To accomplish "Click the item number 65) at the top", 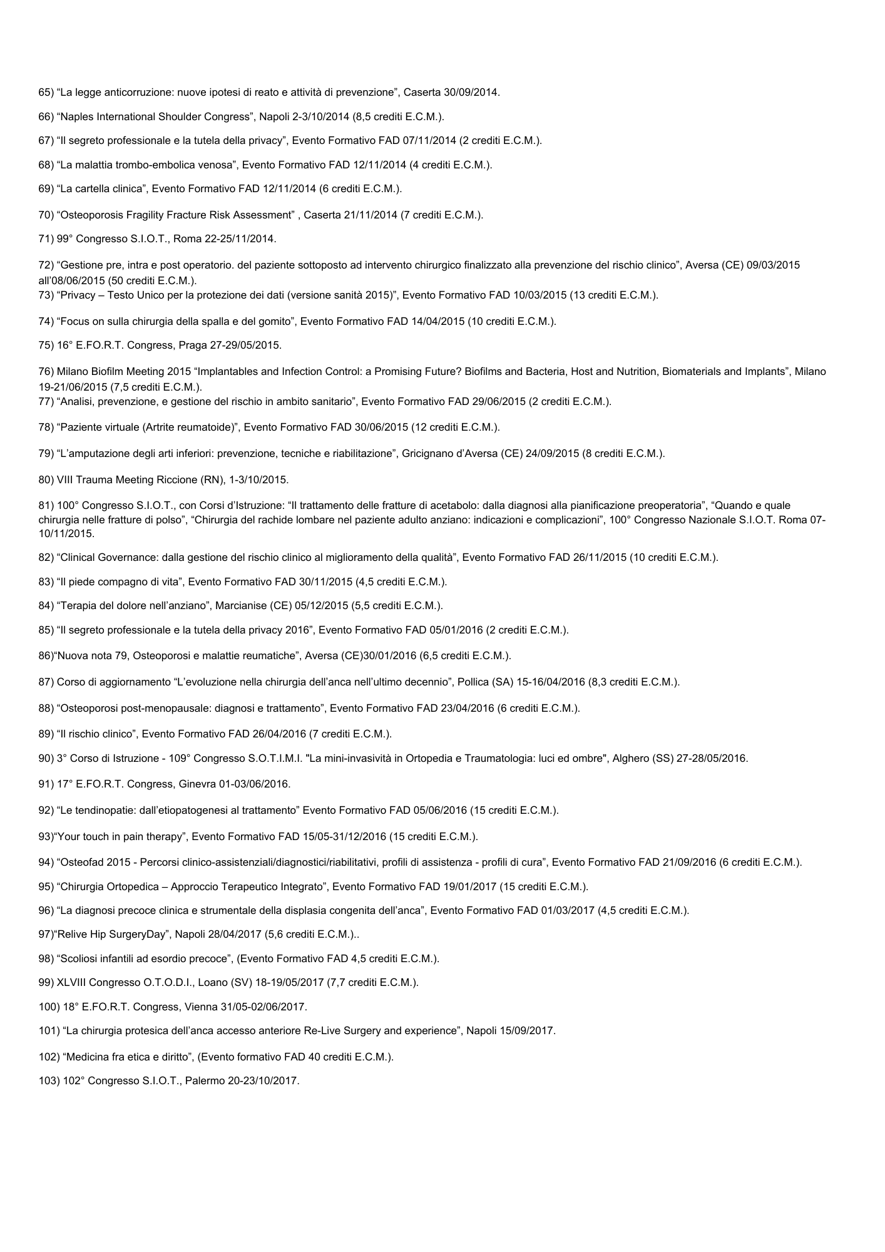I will pyautogui.click(x=46, y=93).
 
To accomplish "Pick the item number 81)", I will pyautogui.click(x=46, y=506).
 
